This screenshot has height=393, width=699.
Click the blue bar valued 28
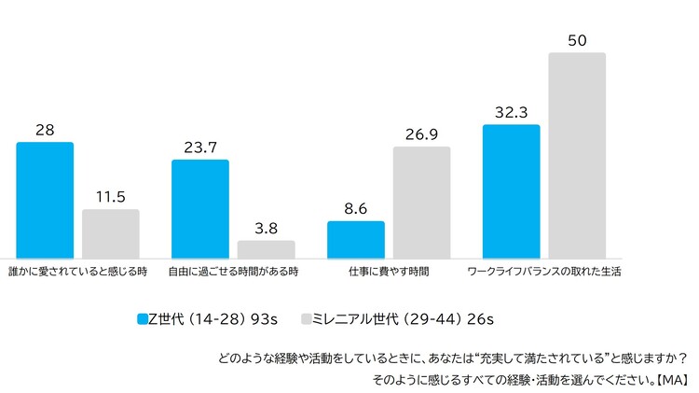[x=45, y=200]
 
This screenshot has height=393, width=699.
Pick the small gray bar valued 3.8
[x=266, y=249]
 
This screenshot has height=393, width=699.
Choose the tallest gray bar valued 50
[x=577, y=155]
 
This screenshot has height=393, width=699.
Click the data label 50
[x=577, y=40]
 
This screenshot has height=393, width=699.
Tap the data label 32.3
[x=511, y=112]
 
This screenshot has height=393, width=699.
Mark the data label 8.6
[x=355, y=209]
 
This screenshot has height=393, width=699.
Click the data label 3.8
[x=266, y=229]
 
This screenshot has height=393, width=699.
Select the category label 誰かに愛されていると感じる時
[x=77, y=272]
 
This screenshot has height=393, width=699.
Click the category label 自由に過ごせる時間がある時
[x=233, y=272]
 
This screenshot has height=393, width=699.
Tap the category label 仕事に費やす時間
[x=389, y=272]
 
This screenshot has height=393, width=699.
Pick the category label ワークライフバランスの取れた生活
[x=543, y=272]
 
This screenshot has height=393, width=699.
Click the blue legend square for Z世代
[x=142, y=318]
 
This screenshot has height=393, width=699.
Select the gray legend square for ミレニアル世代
[x=305, y=318]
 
